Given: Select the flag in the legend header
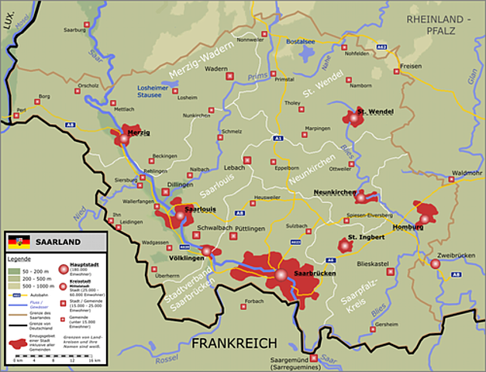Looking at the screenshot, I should coord(20,241).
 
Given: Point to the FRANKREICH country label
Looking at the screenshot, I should coord(234,343).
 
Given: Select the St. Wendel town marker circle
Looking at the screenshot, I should coord(354,119).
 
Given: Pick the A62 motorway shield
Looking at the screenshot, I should coord(381,47).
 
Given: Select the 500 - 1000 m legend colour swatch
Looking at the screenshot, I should coord(15,286).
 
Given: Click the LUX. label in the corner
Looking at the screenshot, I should coord(9,25).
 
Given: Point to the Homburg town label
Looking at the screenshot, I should coord(409,228).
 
